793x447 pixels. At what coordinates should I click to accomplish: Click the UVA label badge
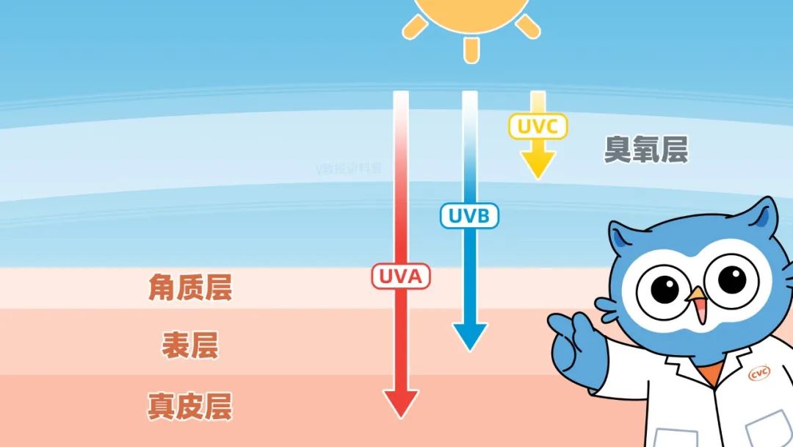pyautogui.click(x=401, y=276)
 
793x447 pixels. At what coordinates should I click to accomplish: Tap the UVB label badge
pyautogui.click(x=469, y=215)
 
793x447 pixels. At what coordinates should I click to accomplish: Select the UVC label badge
pyautogui.click(x=537, y=126)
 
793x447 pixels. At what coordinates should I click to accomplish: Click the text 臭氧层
pyautogui.click(x=645, y=149)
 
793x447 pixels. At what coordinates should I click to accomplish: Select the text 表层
pyautogui.click(x=189, y=344)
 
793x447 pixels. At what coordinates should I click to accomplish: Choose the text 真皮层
pyautogui.click(x=189, y=405)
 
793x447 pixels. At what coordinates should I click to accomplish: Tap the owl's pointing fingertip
pyautogui.click(x=555, y=321)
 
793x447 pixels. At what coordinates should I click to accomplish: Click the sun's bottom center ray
pyautogui.click(x=471, y=49)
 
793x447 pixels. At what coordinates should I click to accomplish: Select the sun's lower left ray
pyautogui.click(x=416, y=28)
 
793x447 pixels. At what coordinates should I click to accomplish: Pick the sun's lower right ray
pyautogui.click(x=527, y=26)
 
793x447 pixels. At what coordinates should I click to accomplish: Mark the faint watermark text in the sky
pyautogui.click(x=349, y=168)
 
